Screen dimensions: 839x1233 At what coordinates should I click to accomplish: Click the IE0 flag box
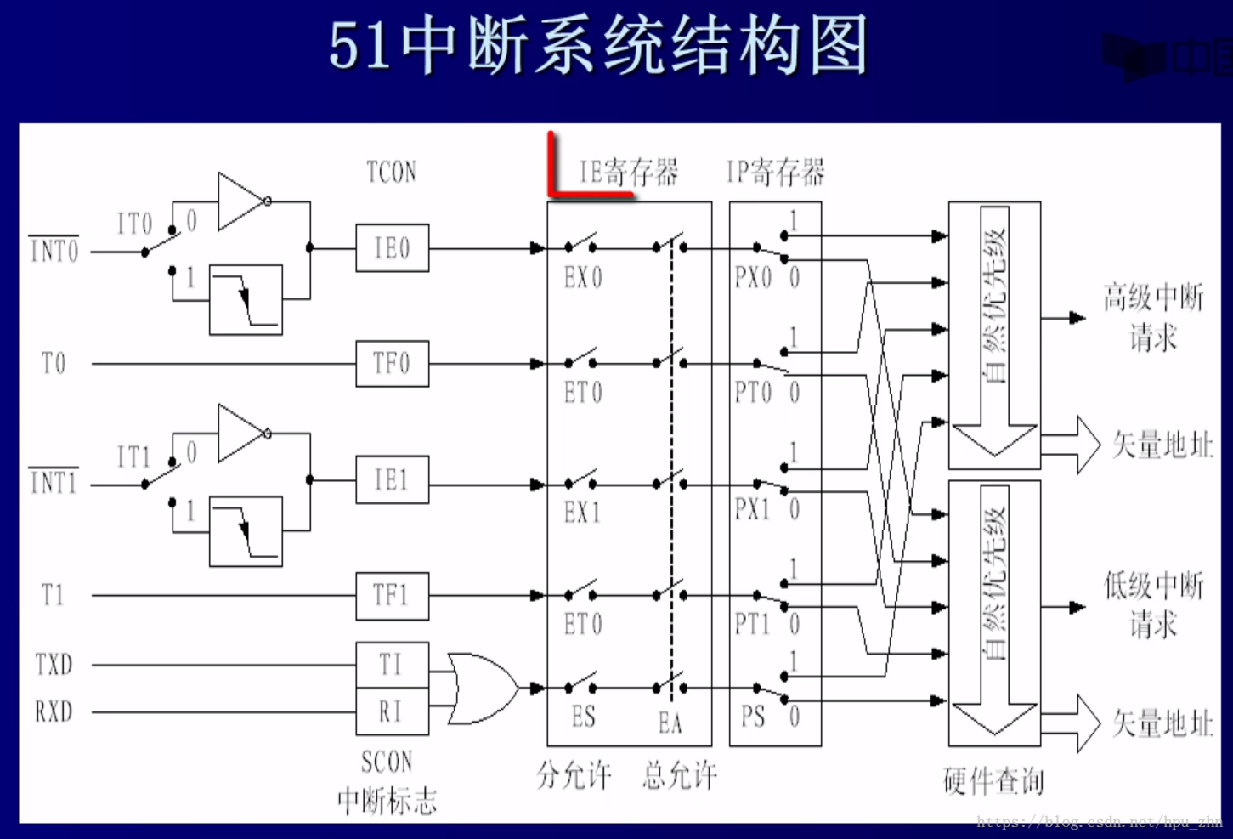click(392, 248)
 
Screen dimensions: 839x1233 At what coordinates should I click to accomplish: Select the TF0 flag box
click(392, 364)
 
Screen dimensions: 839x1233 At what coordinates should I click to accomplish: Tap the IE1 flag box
click(392, 480)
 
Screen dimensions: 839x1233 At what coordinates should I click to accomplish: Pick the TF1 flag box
click(392, 595)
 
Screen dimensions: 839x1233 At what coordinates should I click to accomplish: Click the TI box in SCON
click(392, 665)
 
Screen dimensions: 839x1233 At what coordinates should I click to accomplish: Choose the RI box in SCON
click(392, 711)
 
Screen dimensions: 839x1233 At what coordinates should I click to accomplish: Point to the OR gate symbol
click(481, 689)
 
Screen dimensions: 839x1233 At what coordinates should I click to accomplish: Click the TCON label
click(391, 173)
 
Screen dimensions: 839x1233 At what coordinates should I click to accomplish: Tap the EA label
click(670, 723)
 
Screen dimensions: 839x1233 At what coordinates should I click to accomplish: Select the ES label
click(583, 717)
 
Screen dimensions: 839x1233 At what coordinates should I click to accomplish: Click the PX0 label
click(753, 278)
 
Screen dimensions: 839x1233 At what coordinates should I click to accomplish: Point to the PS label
click(753, 717)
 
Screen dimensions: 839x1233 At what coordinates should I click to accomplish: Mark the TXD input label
click(54, 665)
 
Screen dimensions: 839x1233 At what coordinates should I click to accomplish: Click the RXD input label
click(54, 711)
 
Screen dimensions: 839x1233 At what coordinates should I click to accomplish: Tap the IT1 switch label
click(133, 457)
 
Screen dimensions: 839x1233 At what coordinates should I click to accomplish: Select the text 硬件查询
click(993, 780)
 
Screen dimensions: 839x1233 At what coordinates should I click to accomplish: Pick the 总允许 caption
click(680, 775)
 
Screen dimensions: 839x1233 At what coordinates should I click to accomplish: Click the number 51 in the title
click(359, 46)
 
